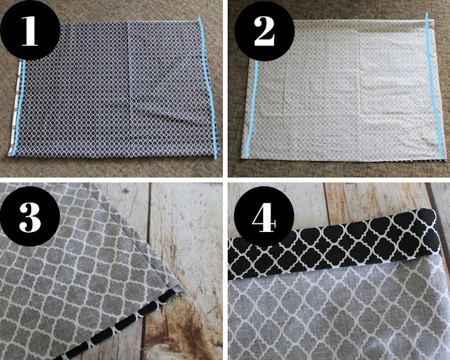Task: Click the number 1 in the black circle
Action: (x=30, y=32)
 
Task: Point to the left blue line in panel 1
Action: (x=22, y=105)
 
